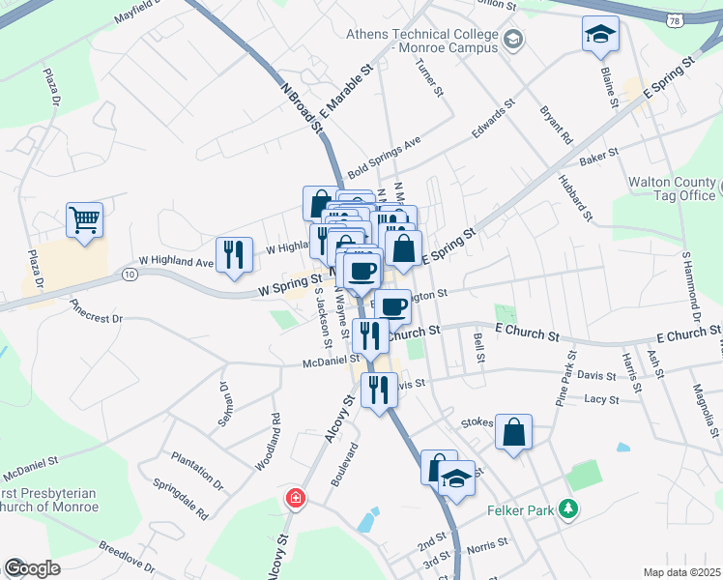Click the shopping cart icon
point(84,219)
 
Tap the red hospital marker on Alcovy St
point(295,499)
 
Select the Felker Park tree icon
point(570,507)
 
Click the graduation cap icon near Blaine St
point(600,34)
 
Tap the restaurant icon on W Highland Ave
point(234,255)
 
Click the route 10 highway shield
point(130,275)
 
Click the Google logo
point(32,568)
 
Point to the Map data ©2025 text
point(681,572)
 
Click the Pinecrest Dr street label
point(97,310)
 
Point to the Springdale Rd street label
point(180,497)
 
